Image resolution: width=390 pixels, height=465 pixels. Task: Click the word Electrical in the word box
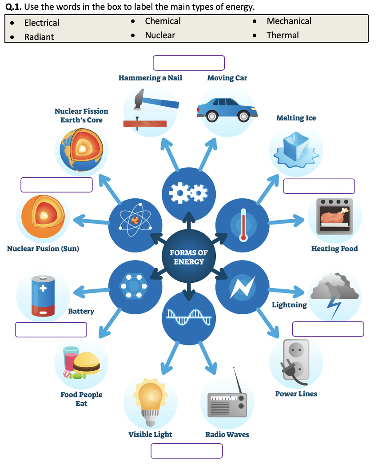point(41,23)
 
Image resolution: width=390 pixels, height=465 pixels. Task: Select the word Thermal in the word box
point(283,35)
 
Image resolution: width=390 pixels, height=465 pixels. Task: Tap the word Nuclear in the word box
point(160,35)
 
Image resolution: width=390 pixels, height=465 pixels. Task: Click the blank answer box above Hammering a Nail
point(189,63)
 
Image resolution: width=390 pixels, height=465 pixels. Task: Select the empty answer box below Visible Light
point(187,451)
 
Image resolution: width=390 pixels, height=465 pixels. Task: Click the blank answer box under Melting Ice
point(319,186)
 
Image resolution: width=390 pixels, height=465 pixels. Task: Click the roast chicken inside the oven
point(334,217)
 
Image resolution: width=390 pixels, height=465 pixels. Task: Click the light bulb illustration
point(150,396)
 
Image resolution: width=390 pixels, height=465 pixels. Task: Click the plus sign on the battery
point(43,288)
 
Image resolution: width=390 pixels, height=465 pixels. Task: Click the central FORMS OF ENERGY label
point(189,257)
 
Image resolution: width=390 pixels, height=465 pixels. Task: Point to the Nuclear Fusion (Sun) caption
point(43,249)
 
